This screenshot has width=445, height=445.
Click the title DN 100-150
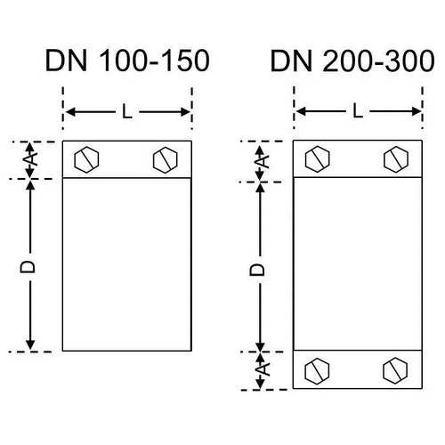click(127, 61)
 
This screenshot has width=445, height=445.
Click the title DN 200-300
click(352, 61)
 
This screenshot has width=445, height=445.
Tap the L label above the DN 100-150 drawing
click(127, 112)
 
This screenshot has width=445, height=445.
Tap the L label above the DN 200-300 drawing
click(358, 112)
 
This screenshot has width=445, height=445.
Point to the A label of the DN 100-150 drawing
click(30, 158)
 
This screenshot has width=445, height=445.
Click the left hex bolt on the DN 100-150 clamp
click(86, 160)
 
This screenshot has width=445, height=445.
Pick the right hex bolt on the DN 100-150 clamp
click(166, 160)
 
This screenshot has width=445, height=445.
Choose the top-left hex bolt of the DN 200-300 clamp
click(317, 158)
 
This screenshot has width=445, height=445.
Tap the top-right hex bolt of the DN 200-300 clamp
click(396, 158)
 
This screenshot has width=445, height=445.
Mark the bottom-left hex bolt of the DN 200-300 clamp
click(317, 370)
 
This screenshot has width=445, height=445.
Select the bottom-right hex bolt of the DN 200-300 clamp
click(395, 370)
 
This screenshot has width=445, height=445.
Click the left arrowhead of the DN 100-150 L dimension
click(69, 112)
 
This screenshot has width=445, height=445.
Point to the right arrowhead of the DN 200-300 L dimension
click(417, 112)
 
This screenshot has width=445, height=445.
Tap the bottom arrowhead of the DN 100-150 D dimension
click(30, 345)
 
